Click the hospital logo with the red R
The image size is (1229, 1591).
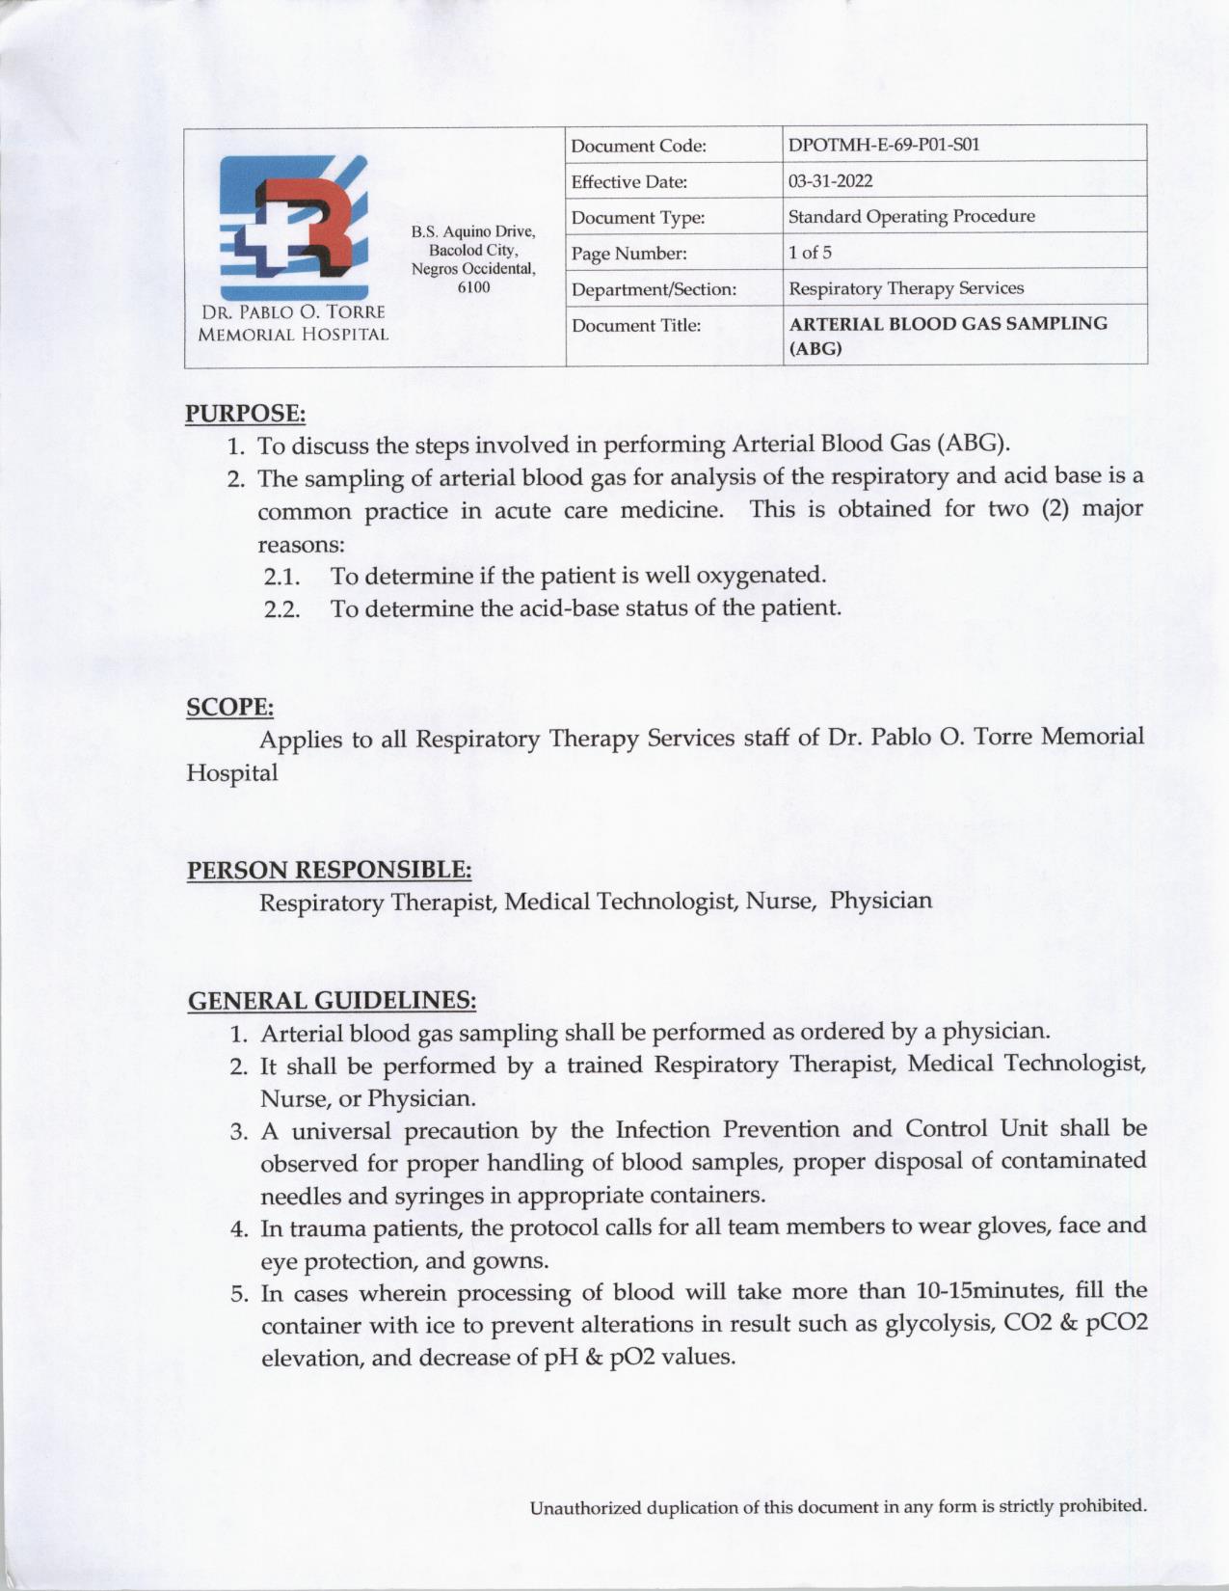(293, 228)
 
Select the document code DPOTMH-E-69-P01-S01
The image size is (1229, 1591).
(883, 146)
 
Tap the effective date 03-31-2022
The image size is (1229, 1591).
(831, 181)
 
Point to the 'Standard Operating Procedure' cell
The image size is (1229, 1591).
(911, 216)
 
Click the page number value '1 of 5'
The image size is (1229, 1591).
(810, 253)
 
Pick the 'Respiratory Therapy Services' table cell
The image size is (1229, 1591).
(905, 288)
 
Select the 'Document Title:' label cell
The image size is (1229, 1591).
(635, 325)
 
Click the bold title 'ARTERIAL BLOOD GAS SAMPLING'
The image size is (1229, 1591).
(948, 324)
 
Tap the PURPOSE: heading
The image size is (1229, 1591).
(245, 414)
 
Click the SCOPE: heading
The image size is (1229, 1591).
(229, 707)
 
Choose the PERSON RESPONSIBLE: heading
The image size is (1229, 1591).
(329, 870)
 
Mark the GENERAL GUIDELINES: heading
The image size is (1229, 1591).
(332, 1000)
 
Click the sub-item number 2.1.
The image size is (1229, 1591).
(281, 577)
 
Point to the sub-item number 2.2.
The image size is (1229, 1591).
(281, 609)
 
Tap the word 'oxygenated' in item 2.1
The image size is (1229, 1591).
(761, 576)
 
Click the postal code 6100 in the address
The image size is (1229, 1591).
(473, 286)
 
